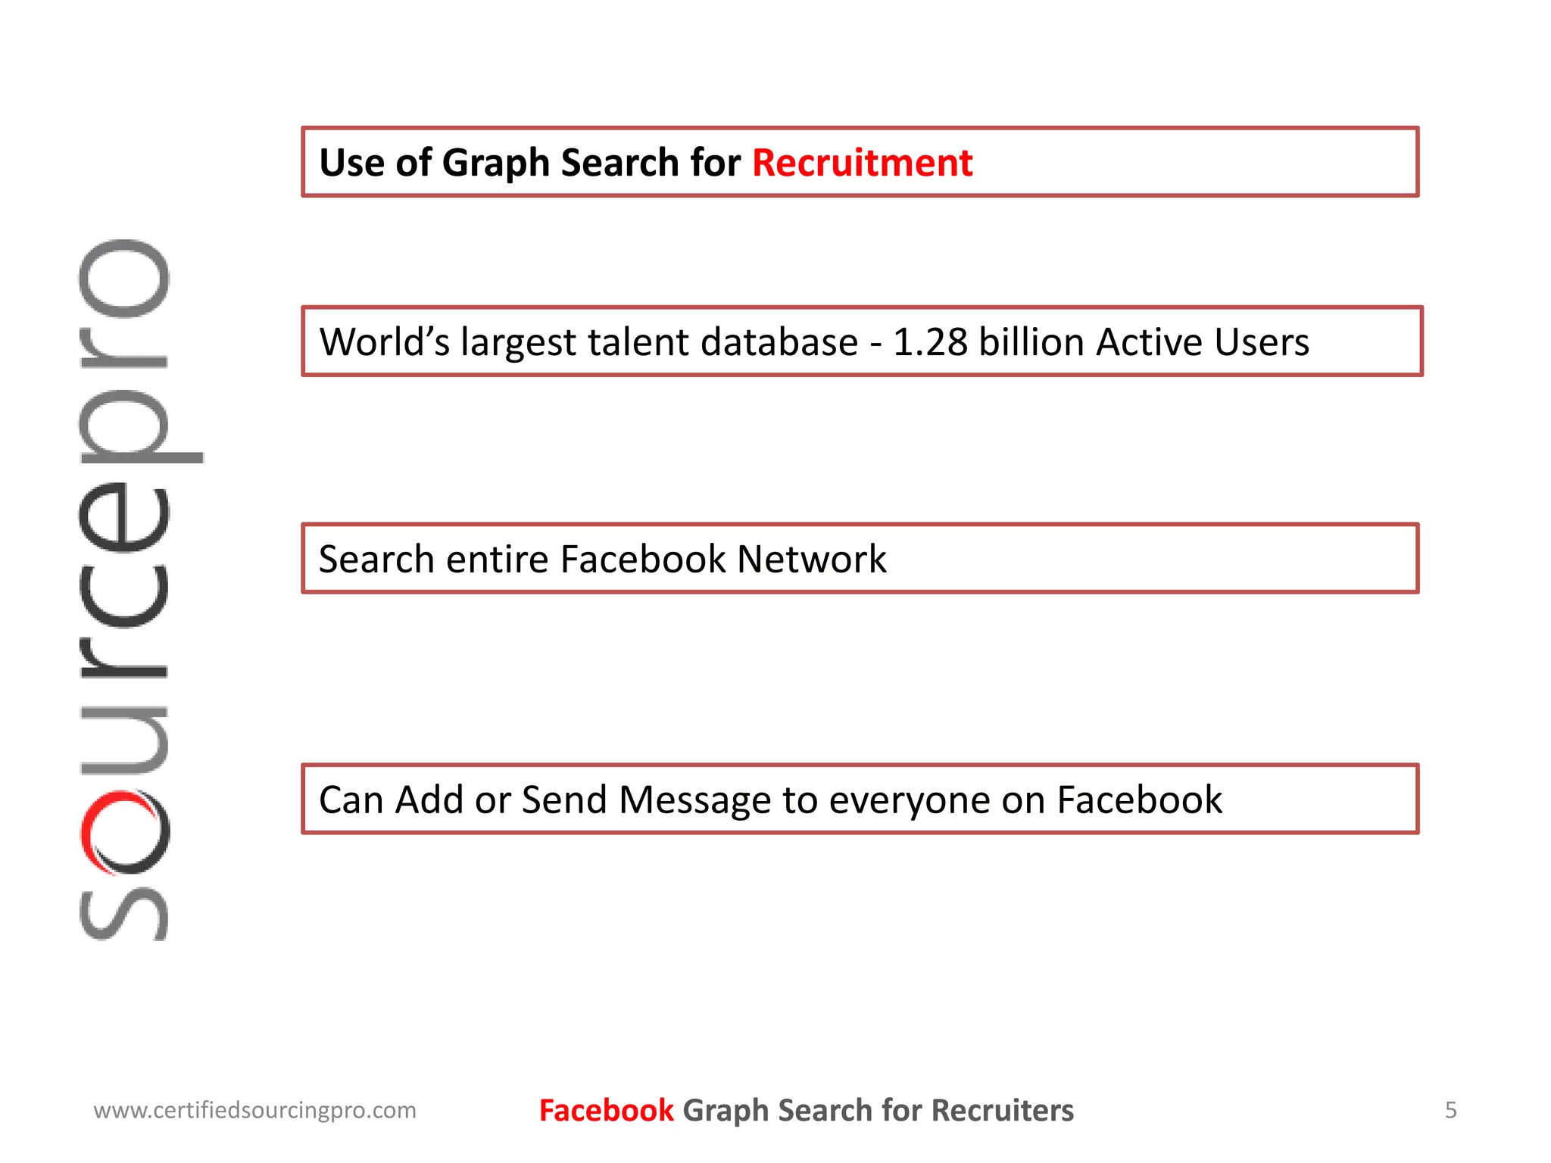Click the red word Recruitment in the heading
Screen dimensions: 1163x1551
coord(862,163)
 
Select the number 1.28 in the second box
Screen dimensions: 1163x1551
coord(930,342)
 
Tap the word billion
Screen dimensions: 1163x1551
coord(1031,342)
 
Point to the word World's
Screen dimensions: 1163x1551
coord(384,342)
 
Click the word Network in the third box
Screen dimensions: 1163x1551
coord(811,560)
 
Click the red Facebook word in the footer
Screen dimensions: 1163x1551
coord(606,1111)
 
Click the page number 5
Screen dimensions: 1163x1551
coord(1450,1110)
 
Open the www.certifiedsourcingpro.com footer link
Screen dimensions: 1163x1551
coord(254,1111)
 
